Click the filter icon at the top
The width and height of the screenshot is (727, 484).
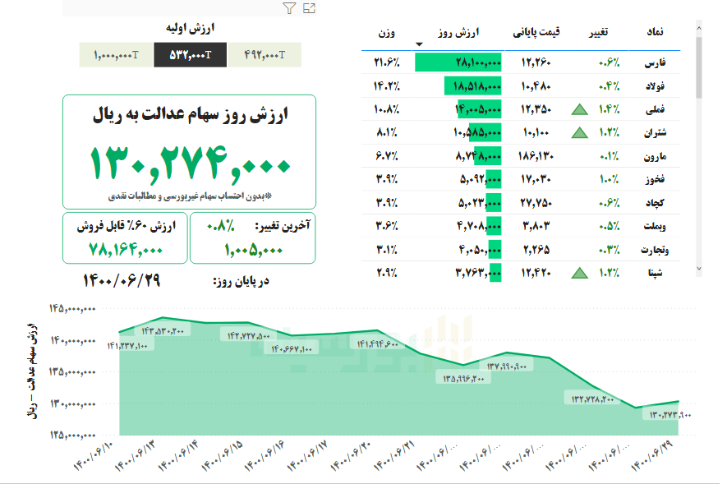click(288, 8)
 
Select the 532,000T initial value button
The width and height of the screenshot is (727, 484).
click(191, 55)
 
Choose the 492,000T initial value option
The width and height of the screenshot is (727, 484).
click(265, 55)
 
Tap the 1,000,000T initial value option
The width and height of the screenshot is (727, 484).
click(117, 55)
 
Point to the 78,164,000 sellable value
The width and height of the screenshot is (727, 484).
click(126, 249)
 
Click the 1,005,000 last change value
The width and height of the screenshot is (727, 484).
click(252, 249)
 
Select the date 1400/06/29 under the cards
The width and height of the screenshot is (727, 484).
click(122, 280)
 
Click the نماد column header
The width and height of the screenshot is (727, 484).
click(657, 32)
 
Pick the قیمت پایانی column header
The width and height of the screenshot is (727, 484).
click(537, 32)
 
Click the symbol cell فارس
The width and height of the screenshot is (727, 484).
click(658, 62)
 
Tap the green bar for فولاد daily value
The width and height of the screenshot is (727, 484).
click(472, 85)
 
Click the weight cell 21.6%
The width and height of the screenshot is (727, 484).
click(386, 62)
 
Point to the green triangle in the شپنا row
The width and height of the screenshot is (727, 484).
click(580, 270)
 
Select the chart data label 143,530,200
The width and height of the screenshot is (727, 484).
click(163, 330)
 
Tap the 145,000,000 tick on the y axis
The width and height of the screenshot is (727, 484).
click(74, 308)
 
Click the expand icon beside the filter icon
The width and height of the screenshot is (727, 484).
click(309, 8)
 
